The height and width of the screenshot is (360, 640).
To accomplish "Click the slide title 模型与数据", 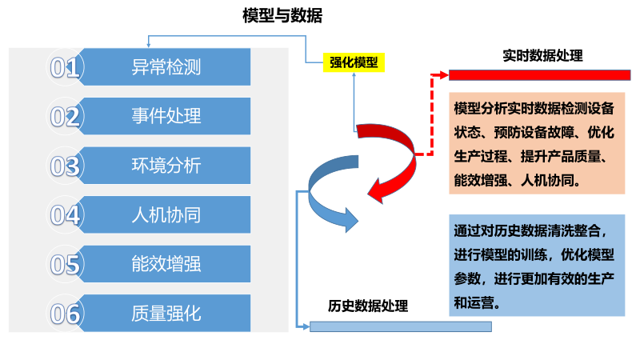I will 282,16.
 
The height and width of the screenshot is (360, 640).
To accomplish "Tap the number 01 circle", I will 65,67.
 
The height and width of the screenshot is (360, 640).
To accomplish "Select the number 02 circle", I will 65,117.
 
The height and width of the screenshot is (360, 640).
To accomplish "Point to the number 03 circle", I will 65,166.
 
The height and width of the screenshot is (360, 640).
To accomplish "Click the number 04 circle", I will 65,215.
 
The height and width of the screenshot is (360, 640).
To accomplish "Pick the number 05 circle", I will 65,264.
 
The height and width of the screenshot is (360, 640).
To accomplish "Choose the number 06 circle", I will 65,314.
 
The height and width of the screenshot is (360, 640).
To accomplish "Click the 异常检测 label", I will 166,67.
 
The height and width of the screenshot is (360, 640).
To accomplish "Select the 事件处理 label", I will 166,116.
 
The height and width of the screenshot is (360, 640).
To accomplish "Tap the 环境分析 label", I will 166,166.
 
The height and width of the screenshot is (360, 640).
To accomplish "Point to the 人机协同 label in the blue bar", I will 166,214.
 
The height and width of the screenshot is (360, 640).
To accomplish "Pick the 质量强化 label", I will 166,313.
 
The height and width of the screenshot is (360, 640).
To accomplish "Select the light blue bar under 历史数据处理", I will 400,326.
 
